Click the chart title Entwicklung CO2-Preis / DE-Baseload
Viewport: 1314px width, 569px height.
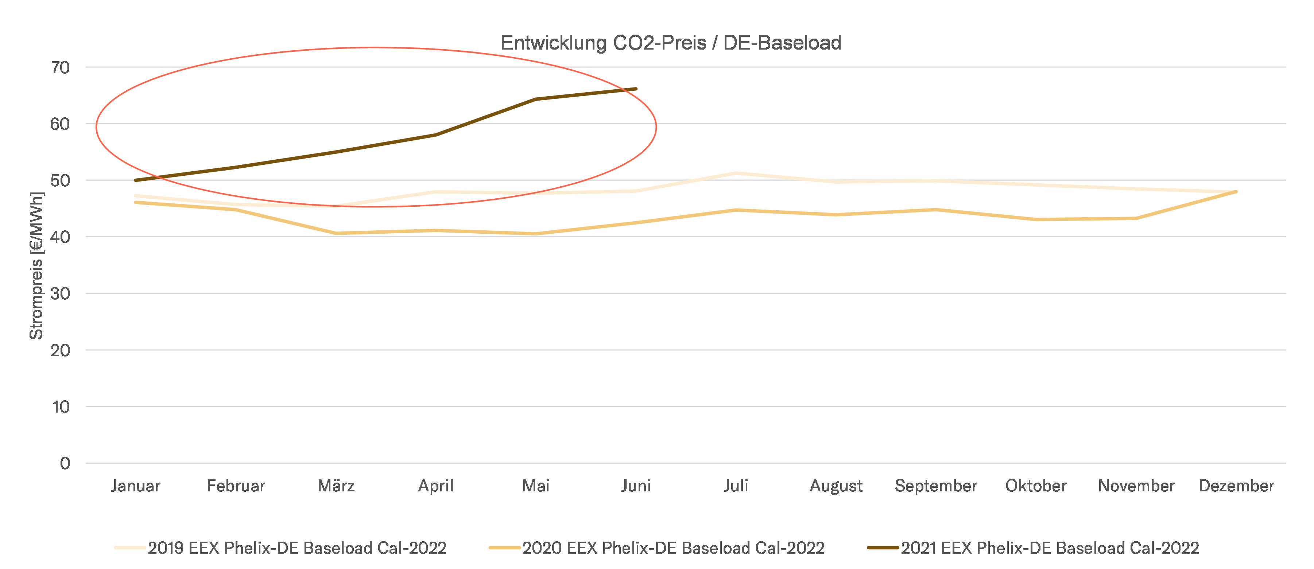(670, 43)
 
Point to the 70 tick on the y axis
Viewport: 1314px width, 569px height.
(60, 67)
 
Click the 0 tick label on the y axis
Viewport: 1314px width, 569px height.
(65, 463)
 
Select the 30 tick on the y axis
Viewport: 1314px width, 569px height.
(60, 294)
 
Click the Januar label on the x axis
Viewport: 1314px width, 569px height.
(136, 486)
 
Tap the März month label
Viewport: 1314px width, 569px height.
(336, 486)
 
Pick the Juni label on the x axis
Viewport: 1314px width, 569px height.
(636, 486)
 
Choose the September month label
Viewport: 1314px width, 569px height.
(936, 486)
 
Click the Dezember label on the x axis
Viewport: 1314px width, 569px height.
(1236, 486)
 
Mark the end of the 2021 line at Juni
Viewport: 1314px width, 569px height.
(636, 89)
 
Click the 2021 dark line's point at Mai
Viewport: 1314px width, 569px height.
(536, 100)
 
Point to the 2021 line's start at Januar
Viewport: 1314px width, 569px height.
(136, 180)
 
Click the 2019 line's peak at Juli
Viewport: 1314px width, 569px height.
(736, 174)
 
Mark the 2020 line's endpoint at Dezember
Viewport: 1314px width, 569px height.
(1236, 192)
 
